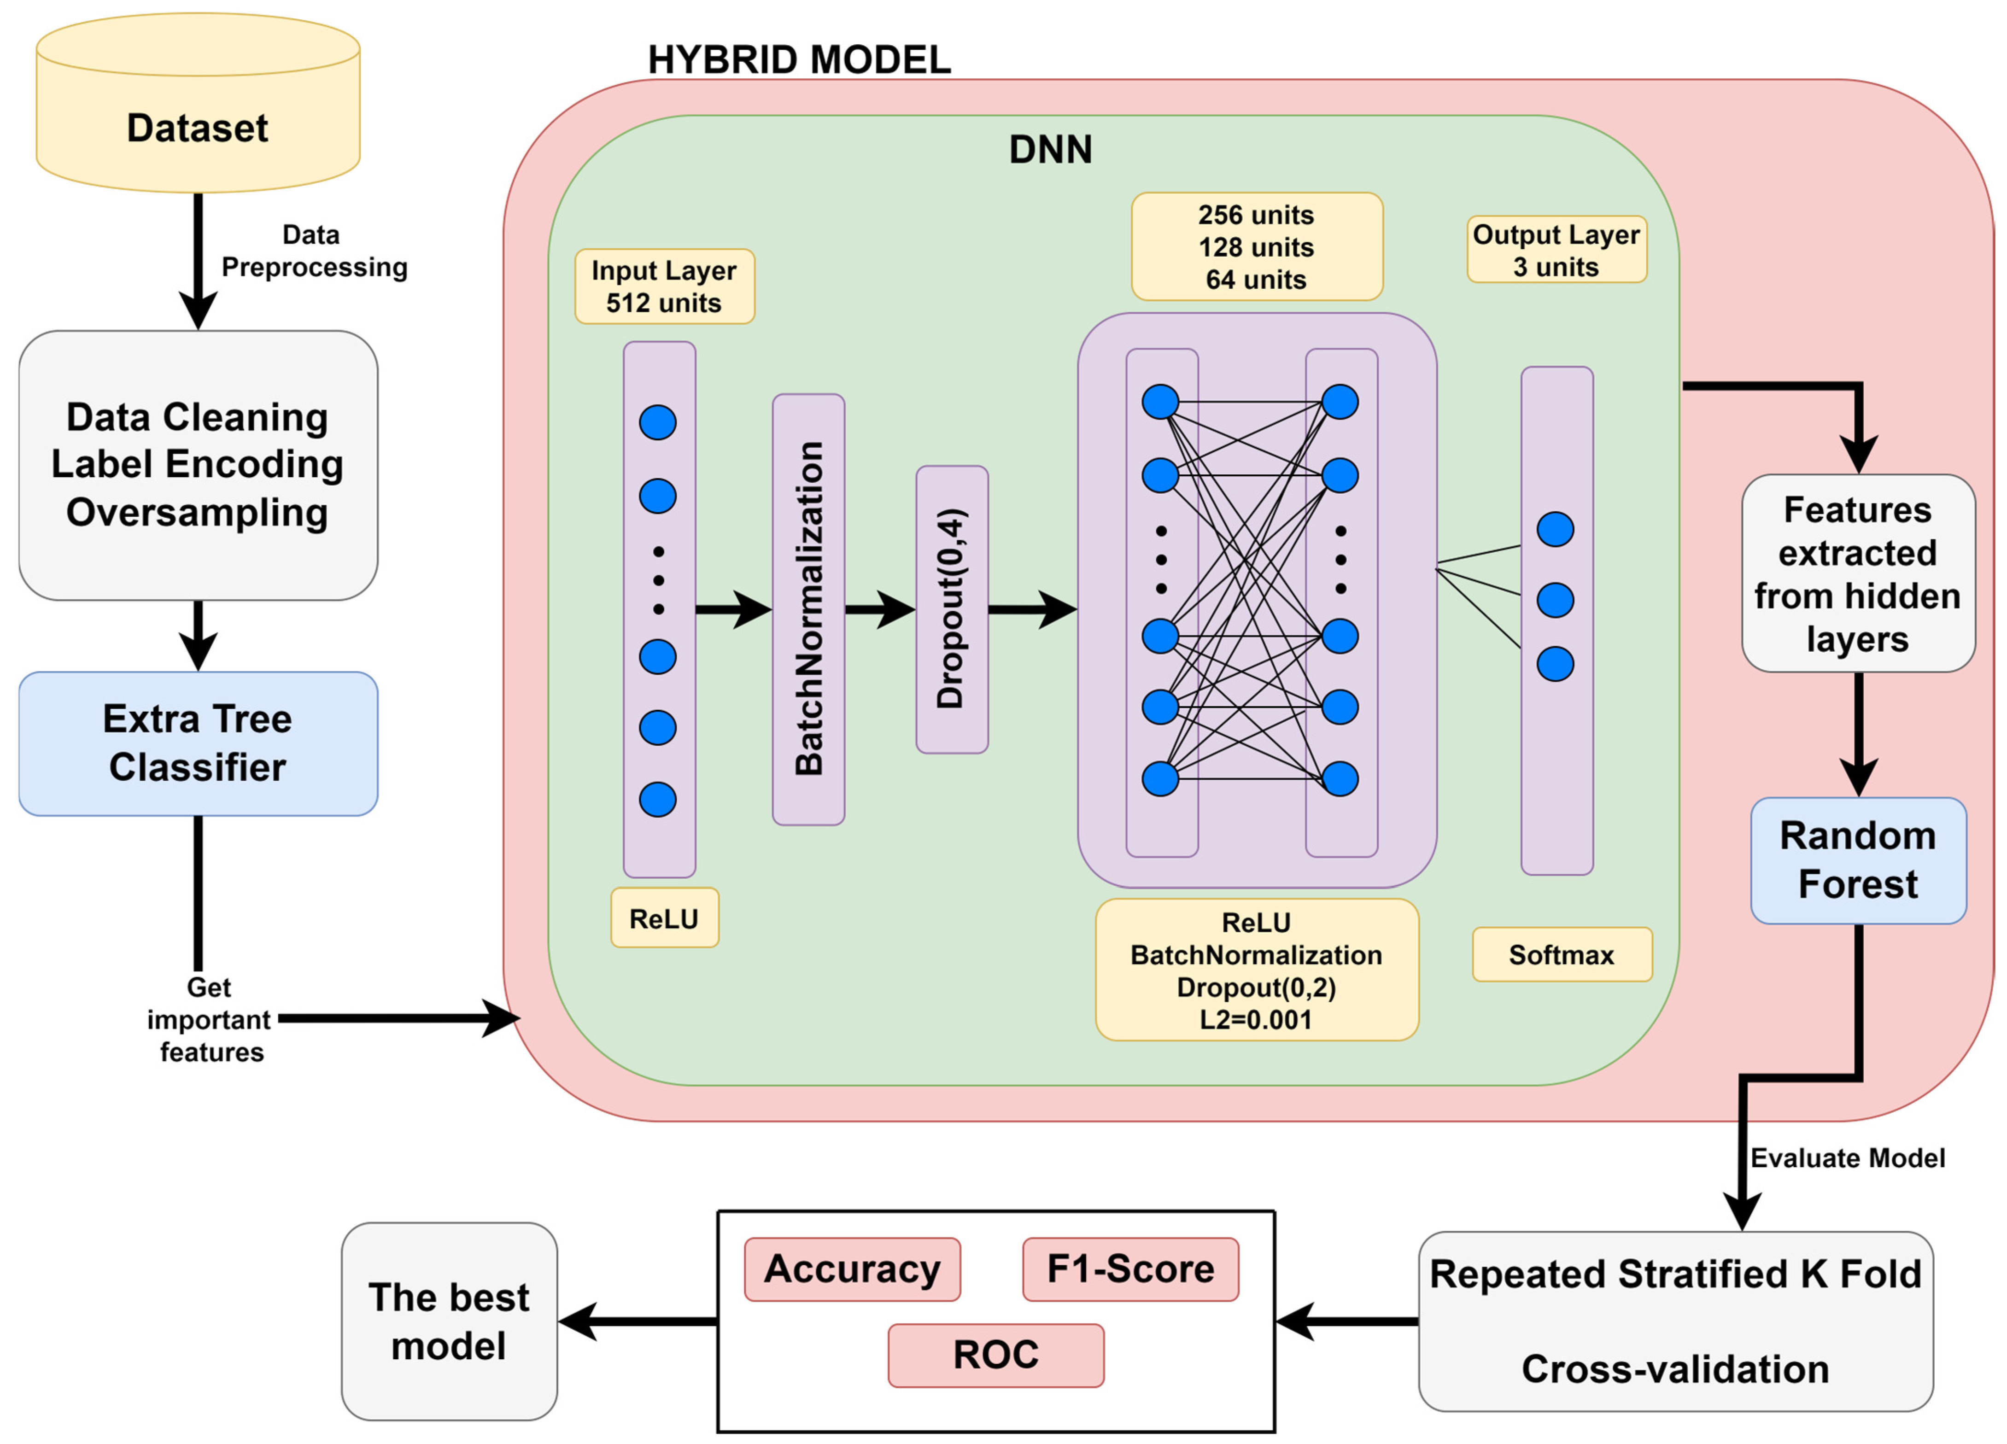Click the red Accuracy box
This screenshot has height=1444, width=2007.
[852, 1269]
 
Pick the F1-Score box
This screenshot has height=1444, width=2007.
[1130, 1269]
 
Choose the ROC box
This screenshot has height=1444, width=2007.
[995, 1355]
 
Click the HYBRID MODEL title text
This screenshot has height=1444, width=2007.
[799, 60]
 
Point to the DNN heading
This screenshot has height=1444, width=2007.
[1050, 150]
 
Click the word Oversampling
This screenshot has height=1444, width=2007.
[197, 512]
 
